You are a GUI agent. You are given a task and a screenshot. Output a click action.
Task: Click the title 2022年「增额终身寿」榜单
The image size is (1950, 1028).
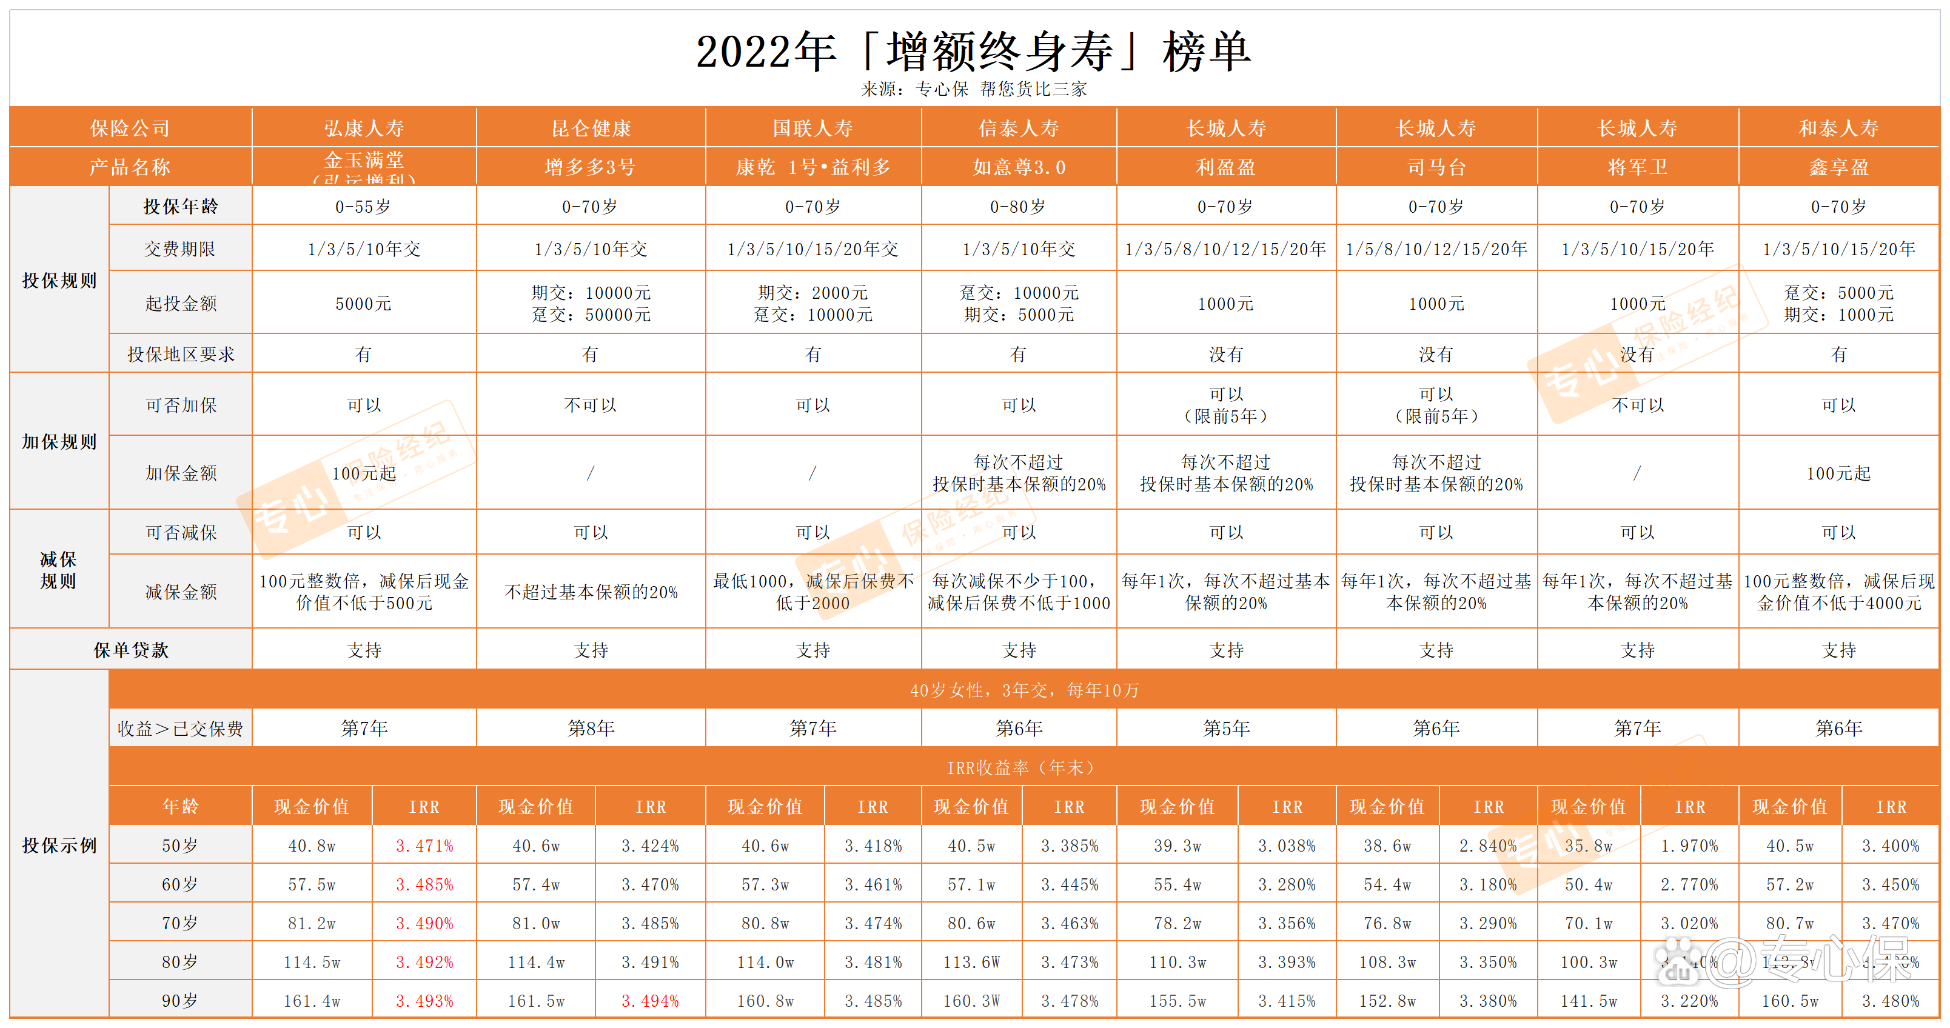pyautogui.click(x=974, y=52)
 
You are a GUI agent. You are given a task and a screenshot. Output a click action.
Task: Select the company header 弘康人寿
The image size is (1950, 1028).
pyautogui.click(x=364, y=128)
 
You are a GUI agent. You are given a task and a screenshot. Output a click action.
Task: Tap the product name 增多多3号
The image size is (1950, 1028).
pyautogui.click(x=591, y=167)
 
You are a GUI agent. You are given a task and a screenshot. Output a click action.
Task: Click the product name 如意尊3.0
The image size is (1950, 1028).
pyautogui.click(x=1019, y=167)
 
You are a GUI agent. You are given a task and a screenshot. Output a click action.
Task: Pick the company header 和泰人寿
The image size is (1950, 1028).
pyautogui.click(x=1838, y=128)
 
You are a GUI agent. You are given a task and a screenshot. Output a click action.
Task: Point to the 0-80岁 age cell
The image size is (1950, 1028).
pyautogui.click(x=1018, y=207)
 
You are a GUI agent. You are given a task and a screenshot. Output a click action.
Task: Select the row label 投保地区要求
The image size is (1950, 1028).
pyautogui.click(x=181, y=353)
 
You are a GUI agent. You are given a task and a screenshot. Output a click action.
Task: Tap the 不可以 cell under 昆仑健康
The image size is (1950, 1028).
pyautogui.click(x=591, y=405)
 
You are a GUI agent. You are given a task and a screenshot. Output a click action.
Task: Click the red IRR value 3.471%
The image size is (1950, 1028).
pyautogui.click(x=424, y=846)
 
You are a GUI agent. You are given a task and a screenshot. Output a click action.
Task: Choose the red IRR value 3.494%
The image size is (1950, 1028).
pyautogui.click(x=650, y=1001)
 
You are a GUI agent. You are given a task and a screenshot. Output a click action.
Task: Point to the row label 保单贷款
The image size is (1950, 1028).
pyautogui.click(x=131, y=650)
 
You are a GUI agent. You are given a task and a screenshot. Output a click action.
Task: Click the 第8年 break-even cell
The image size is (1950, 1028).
pyautogui.click(x=591, y=728)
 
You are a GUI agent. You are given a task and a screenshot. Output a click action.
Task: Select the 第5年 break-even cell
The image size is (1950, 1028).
pyautogui.click(x=1226, y=728)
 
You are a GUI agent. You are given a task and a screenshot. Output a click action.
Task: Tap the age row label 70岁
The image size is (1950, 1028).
pyautogui.click(x=180, y=923)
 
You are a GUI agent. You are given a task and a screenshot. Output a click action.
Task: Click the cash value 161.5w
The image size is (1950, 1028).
pyautogui.click(x=536, y=1001)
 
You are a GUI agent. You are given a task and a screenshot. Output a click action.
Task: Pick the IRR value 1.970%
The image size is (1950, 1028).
pyautogui.click(x=1690, y=846)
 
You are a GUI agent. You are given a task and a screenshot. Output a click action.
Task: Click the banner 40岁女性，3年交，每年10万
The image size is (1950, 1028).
pyautogui.click(x=1024, y=690)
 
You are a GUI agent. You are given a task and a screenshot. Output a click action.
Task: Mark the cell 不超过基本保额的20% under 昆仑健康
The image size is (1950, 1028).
pyautogui.click(x=591, y=592)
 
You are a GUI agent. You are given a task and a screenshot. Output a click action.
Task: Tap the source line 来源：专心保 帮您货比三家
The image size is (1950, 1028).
pyautogui.click(x=974, y=89)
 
